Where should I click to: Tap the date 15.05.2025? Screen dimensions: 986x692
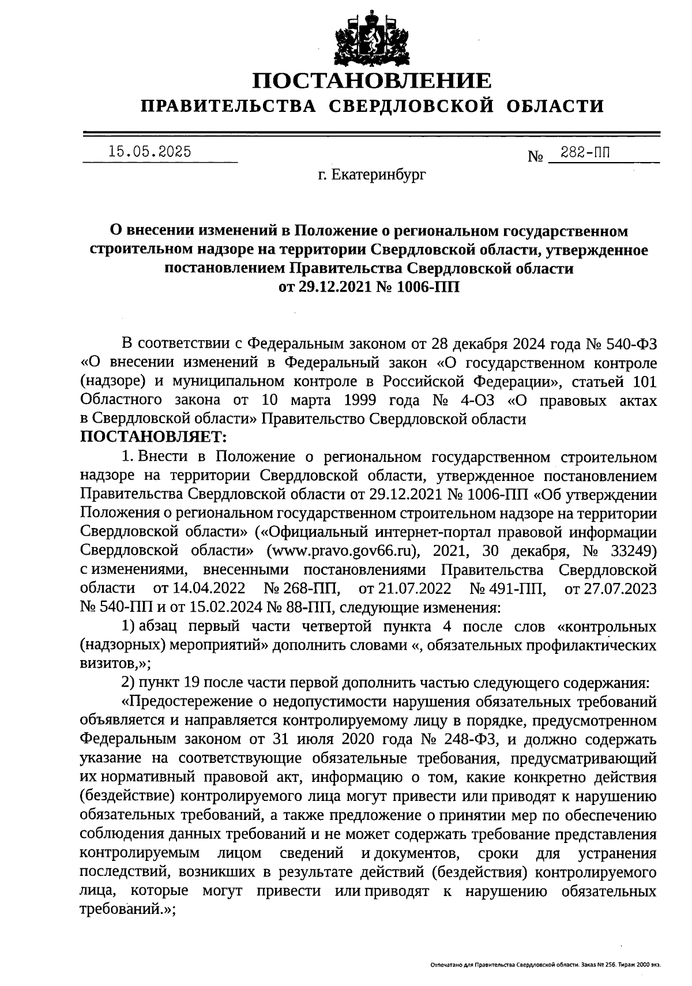point(150,152)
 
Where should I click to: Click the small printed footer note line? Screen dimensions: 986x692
point(545,964)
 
